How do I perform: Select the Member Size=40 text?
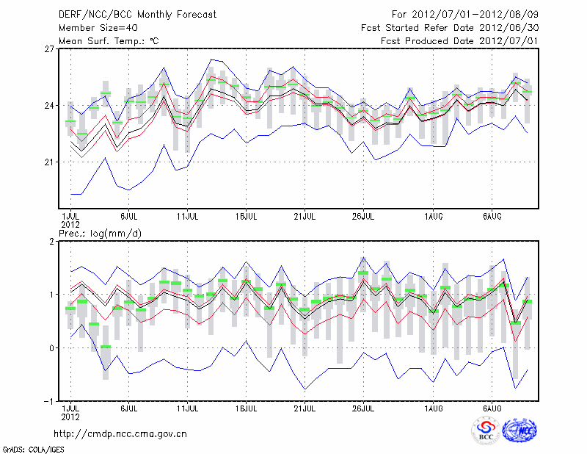(92, 28)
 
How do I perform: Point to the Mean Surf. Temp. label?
(109, 41)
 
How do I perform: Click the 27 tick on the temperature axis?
(50, 49)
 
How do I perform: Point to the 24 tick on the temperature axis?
(50, 106)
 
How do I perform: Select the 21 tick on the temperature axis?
(50, 162)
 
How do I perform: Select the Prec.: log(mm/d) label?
(101, 233)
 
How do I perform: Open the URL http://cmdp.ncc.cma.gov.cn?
(120, 434)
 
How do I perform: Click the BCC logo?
(486, 431)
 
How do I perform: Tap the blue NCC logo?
(519, 431)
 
